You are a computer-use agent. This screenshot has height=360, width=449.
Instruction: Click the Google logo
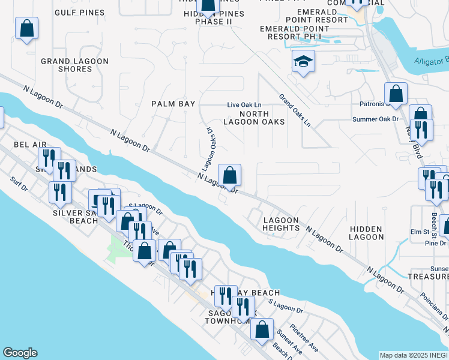click(20, 353)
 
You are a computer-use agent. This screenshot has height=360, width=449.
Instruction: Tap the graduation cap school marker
click(303, 61)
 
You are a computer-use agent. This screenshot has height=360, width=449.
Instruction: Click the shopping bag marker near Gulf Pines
click(26, 28)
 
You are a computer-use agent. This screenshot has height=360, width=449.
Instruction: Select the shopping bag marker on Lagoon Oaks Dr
click(229, 176)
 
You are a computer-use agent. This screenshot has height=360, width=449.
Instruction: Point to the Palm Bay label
click(173, 104)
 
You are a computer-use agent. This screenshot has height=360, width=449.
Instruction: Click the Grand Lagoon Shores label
click(75, 65)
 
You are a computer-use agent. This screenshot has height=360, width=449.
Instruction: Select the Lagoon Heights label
click(281, 224)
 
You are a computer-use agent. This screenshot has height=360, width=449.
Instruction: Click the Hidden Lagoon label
click(366, 233)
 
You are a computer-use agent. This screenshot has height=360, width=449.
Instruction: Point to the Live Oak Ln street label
click(244, 105)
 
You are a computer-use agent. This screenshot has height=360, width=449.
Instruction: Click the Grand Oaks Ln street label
click(295, 110)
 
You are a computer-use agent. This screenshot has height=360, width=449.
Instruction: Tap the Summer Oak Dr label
click(376, 119)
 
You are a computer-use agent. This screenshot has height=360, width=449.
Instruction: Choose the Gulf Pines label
click(79, 12)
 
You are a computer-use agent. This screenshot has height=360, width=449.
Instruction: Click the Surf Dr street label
click(19, 184)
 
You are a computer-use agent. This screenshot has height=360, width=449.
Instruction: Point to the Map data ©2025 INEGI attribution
click(414, 355)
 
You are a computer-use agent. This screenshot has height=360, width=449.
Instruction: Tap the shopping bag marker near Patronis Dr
click(396, 94)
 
